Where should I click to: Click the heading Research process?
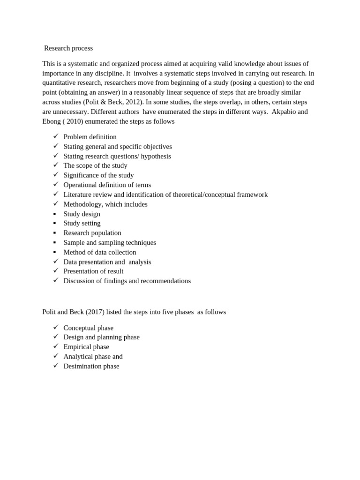pyautogui.click(x=68, y=48)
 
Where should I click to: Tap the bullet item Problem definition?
pyautogui.click(x=90, y=137)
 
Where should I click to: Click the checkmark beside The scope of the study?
pyautogui.click(x=56, y=165)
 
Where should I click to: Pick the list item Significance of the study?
pyautogui.click(x=98, y=175)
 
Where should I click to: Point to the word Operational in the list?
pyautogui.click(x=81, y=185)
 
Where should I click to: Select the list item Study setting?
pyautogui.click(x=82, y=224)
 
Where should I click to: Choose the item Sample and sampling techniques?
pyautogui.click(x=110, y=243)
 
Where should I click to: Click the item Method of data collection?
pyautogui.click(x=100, y=253)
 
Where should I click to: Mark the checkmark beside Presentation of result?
pyautogui.click(x=56, y=271)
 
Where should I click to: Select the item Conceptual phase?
pyautogui.click(x=88, y=328)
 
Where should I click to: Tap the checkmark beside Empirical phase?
pyautogui.click(x=56, y=346)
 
